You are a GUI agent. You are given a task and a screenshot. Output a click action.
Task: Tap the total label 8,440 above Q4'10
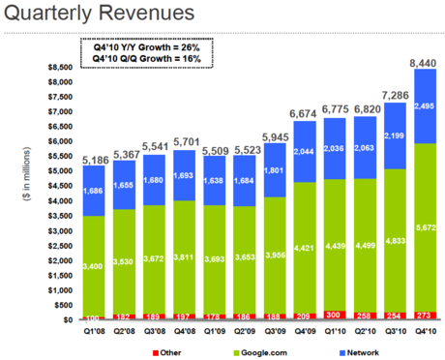point(423,63)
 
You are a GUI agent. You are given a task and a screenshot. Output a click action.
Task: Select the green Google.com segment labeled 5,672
point(423,226)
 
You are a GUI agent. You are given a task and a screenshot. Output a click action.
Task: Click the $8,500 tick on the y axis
point(59,68)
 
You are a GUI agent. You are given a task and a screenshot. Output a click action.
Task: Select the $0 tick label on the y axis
point(67,319)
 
